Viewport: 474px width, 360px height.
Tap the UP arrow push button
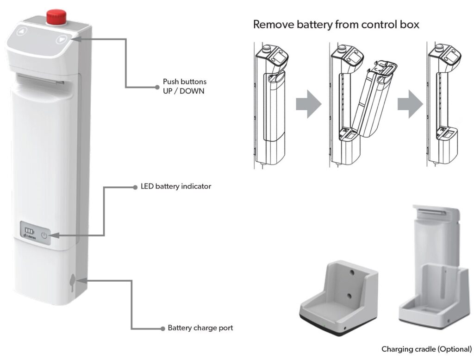pos(22,32)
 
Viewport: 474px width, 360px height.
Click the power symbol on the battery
pos(44,235)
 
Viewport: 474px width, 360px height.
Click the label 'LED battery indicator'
pos(175,187)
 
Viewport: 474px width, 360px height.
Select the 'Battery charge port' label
pos(200,328)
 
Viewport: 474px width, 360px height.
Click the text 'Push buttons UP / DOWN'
pos(184,86)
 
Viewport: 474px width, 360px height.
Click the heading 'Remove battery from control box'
pos(336,25)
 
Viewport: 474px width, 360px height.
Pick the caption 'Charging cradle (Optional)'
pos(426,349)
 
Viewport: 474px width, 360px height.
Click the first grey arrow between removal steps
pos(308,104)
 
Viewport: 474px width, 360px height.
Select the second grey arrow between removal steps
pos(410,104)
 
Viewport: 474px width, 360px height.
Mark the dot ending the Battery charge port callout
pos(162,328)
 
